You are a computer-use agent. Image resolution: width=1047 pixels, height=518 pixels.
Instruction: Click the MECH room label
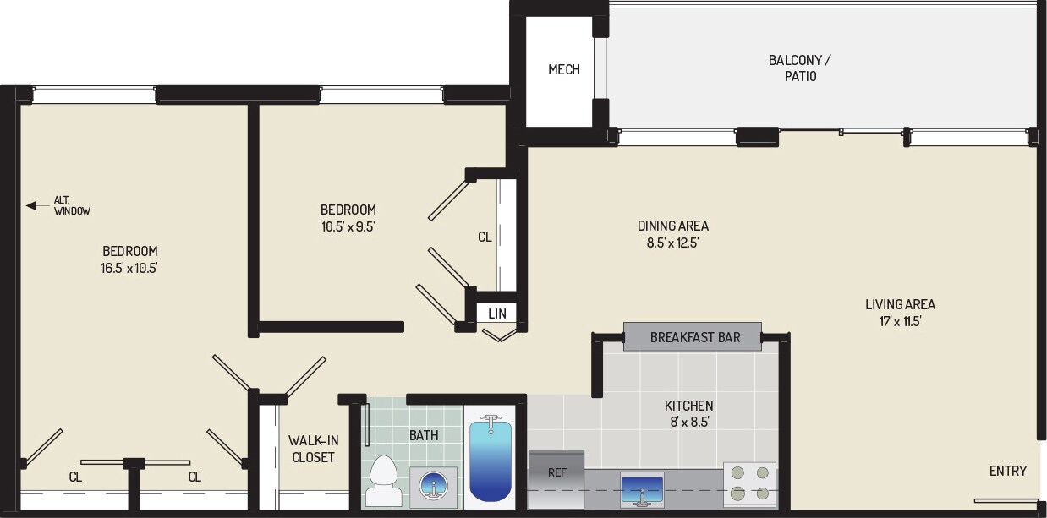pyautogui.click(x=564, y=69)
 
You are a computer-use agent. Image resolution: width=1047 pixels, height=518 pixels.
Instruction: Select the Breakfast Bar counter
pyautogui.click(x=693, y=337)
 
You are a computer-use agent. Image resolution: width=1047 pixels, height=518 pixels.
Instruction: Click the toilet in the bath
pyautogui.click(x=384, y=481)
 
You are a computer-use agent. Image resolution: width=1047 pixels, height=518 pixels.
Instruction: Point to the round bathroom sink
pyautogui.click(x=433, y=487)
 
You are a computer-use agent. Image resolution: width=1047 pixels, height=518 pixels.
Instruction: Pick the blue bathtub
pyautogui.click(x=491, y=461)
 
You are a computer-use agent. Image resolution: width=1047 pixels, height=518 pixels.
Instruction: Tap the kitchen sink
pyautogui.click(x=642, y=489)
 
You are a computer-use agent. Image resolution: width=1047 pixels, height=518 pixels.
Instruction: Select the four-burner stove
pyautogui.click(x=749, y=483)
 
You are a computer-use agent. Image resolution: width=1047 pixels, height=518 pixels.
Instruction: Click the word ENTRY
pyautogui.click(x=1008, y=471)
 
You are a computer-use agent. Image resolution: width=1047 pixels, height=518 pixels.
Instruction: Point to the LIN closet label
pyautogui.click(x=497, y=314)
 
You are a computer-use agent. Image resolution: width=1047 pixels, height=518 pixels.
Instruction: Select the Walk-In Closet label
pyautogui.click(x=313, y=449)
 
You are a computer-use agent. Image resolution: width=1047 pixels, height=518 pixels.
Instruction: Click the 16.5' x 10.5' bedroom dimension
pyautogui.click(x=130, y=268)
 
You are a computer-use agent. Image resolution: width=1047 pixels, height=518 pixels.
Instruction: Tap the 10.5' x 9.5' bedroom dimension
pyautogui.click(x=348, y=226)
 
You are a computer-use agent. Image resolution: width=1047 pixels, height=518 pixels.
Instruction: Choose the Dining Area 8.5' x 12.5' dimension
pyautogui.click(x=673, y=242)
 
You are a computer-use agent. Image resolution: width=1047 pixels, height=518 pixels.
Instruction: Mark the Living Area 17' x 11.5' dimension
pyautogui.click(x=900, y=321)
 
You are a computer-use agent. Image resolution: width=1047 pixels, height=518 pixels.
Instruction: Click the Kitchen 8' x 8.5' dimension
pyautogui.click(x=688, y=421)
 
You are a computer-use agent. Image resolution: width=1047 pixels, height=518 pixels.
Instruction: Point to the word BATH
pyautogui.click(x=424, y=435)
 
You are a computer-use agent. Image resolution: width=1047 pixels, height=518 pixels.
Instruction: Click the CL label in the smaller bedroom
pyautogui.click(x=485, y=237)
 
